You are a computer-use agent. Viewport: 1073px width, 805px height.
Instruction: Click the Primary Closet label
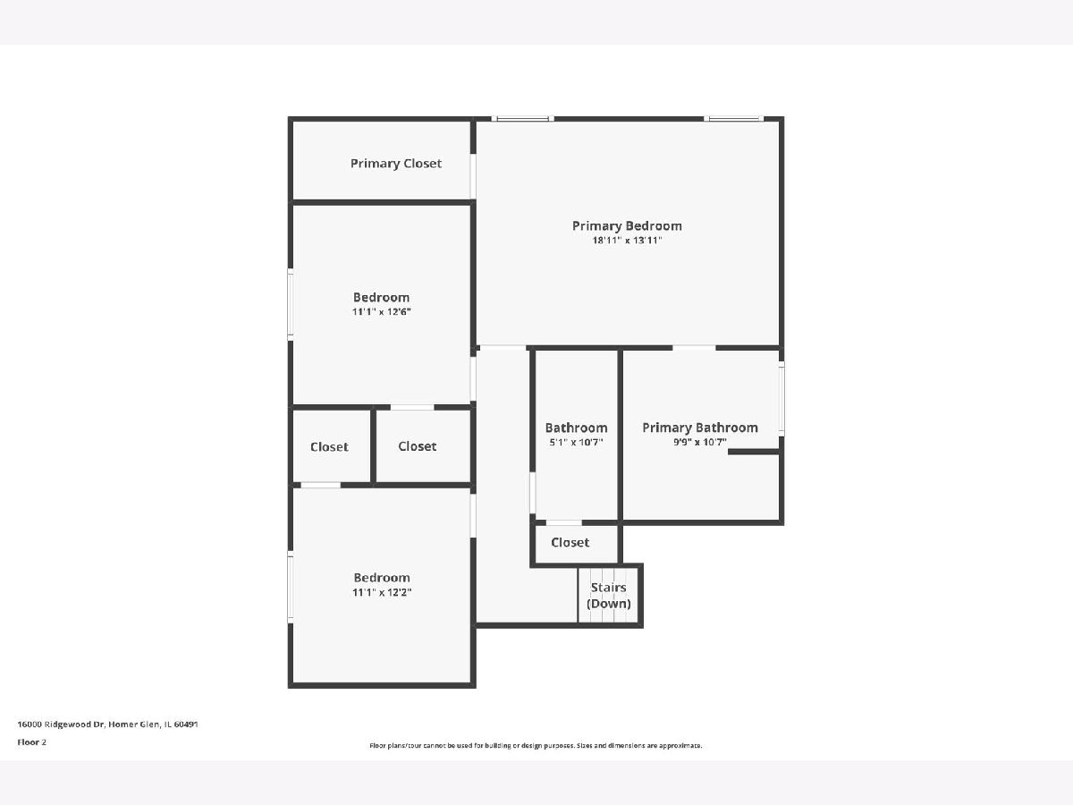click(396, 164)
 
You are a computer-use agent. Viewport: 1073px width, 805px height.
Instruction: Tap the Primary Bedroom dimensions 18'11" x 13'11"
click(627, 240)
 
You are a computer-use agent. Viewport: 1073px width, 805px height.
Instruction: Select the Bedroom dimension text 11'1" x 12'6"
click(381, 311)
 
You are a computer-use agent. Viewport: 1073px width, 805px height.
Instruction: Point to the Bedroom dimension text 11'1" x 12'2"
click(382, 592)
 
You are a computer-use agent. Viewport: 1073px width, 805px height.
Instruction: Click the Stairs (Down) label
click(609, 596)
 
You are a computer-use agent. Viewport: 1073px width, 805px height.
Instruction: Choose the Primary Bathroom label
click(700, 428)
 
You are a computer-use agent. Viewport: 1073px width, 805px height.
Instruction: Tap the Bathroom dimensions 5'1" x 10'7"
click(577, 443)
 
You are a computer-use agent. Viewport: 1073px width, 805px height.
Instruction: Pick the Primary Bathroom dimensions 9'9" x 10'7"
click(700, 443)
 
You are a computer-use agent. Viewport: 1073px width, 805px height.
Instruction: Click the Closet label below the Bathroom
click(570, 543)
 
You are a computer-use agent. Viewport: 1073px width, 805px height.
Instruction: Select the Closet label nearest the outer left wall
click(329, 446)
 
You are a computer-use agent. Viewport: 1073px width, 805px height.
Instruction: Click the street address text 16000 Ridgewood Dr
click(61, 724)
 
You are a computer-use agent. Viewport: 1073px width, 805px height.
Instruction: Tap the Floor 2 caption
click(32, 742)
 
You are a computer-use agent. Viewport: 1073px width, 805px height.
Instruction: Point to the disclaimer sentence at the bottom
click(536, 745)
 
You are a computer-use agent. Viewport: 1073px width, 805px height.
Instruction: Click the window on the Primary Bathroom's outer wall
click(782, 399)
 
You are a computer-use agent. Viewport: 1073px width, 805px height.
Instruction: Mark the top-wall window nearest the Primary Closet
click(522, 119)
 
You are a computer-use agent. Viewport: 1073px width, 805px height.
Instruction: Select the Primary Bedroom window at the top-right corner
click(734, 119)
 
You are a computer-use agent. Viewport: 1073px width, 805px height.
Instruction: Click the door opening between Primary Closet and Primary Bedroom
click(473, 176)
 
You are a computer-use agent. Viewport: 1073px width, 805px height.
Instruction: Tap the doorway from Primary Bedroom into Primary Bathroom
click(694, 348)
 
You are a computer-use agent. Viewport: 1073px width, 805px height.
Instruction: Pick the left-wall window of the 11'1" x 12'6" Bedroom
click(291, 304)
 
